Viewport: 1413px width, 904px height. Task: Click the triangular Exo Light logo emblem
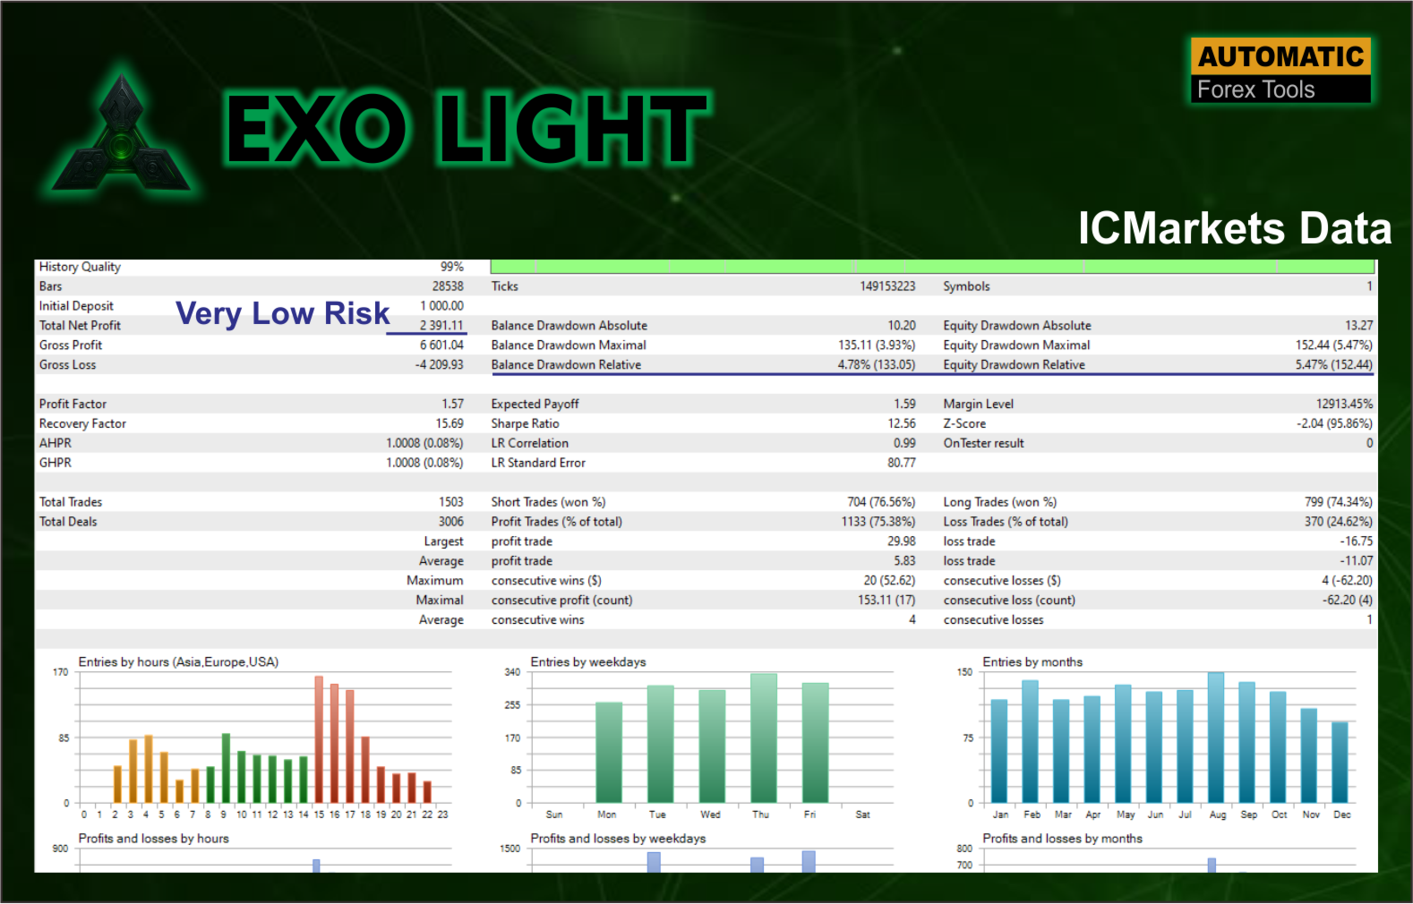coord(121,138)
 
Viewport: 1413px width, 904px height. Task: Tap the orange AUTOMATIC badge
coord(1280,56)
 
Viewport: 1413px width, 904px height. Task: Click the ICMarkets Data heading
coord(1235,227)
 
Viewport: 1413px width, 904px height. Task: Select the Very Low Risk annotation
coord(283,313)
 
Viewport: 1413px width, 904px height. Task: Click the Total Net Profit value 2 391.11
coord(441,325)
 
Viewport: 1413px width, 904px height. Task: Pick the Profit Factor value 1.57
coord(452,404)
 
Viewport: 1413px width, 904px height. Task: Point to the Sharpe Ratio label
coord(525,423)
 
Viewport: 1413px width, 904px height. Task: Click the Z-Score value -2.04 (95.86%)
coord(1334,423)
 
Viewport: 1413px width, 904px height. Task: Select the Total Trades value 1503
coord(451,502)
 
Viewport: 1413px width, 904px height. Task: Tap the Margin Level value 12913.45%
coord(1344,404)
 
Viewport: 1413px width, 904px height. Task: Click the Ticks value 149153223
coord(887,286)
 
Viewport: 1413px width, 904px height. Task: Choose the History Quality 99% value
coord(452,267)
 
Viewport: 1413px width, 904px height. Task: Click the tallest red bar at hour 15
coord(319,739)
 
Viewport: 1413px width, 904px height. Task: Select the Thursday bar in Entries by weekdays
coord(764,738)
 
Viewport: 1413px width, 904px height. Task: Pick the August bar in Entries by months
coord(1216,738)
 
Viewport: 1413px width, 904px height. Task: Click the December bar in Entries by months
coord(1340,763)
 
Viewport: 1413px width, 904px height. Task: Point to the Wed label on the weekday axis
coord(710,814)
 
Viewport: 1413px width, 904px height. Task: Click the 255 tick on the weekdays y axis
coord(512,704)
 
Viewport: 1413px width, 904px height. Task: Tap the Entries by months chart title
coord(1032,662)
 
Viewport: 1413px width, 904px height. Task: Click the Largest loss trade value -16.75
coord(1357,541)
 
